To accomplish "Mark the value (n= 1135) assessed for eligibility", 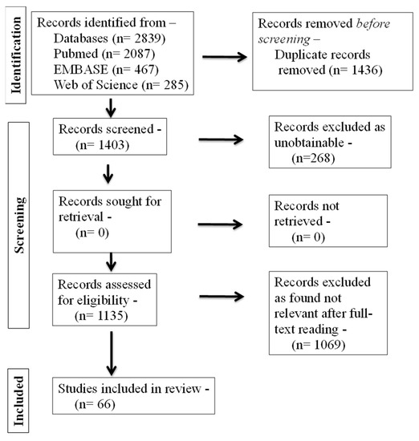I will (x=100, y=315).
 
